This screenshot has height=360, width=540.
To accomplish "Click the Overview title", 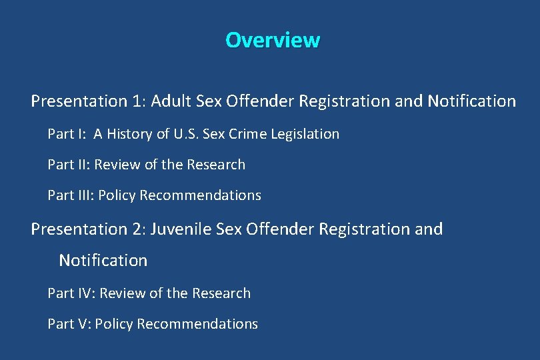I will click(273, 40).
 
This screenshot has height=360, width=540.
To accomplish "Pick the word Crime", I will click(250, 134).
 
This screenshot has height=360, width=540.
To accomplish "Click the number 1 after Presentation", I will click(137, 101).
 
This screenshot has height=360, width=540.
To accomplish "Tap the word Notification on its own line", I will click(103, 261).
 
